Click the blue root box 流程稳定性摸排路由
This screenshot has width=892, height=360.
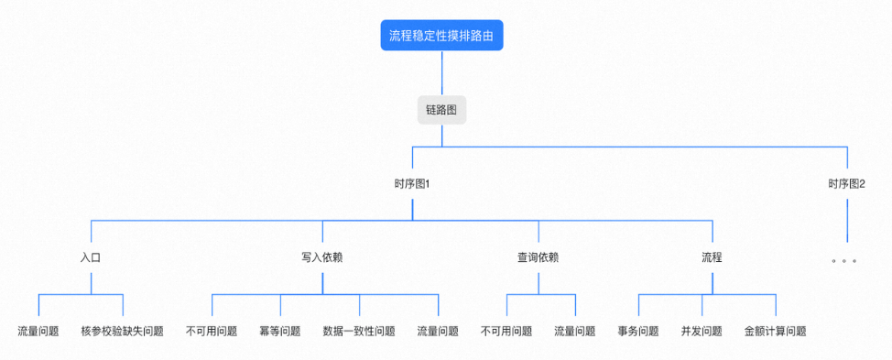tap(442, 36)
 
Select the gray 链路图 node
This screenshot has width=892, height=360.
tap(442, 110)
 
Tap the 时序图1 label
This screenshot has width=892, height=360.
tap(412, 184)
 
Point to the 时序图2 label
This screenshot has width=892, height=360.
tap(847, 184)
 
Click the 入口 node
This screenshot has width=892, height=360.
tap(90, 257)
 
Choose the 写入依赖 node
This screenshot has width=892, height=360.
tap(321, 257)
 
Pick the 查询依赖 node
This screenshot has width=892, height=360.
tap(538, 257)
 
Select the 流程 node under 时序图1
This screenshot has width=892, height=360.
tap(712, 257)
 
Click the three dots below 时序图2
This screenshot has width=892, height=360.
tap(843, 261)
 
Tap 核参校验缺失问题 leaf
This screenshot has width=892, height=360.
tap(122, 332)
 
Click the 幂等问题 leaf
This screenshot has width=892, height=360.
tap(280, 332)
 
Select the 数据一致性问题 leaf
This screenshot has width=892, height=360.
tap(359, 332)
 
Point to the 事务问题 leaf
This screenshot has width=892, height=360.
tap(638, 332)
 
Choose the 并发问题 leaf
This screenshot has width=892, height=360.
tap(702, 332)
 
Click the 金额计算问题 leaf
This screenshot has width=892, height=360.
tap(776, 332)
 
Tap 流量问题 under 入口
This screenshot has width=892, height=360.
tap(38, 332)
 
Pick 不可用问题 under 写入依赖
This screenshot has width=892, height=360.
tap(212, 332)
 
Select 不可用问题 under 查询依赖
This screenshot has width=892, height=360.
tap(506, 332)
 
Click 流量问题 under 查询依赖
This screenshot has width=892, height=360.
tap(575, 332)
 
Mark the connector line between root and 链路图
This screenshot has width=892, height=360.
tap(442, 73)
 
